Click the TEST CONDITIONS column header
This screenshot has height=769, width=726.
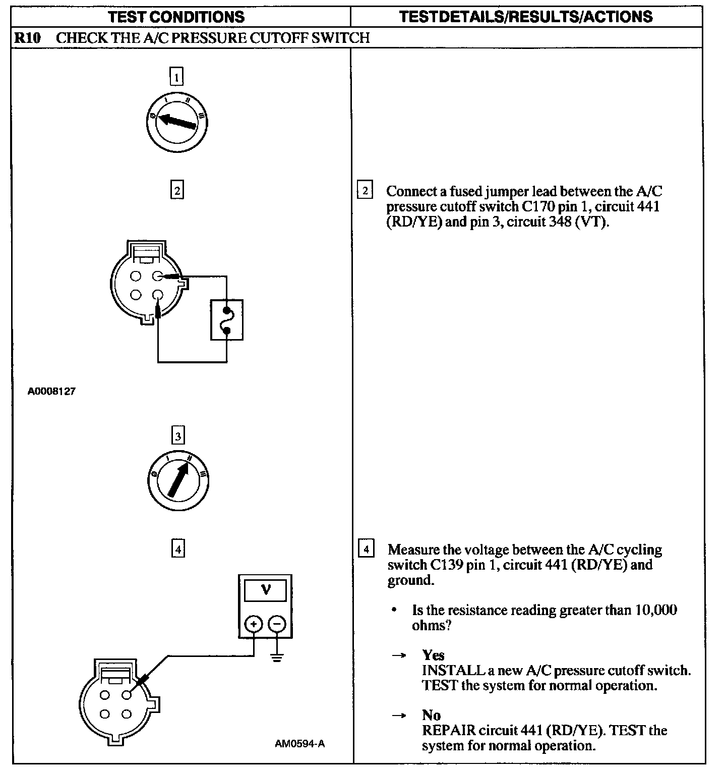176,17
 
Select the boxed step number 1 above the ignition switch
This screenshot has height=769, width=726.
176,77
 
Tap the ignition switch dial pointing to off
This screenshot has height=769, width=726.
177,122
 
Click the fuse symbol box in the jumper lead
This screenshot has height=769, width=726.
227,320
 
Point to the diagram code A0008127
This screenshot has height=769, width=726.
51,391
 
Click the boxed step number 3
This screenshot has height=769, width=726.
178,435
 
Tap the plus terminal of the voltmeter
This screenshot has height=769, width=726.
253,625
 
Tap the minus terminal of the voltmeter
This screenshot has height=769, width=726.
276,625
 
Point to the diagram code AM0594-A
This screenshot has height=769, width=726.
299,744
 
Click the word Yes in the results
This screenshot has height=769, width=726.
433,655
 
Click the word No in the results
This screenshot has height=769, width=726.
431,715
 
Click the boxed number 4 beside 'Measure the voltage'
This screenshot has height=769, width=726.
366,548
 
